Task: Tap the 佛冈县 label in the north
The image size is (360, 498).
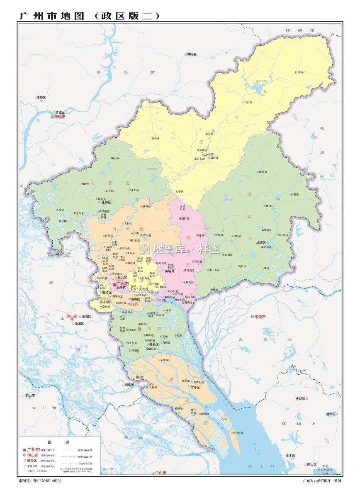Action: pyautogui.click(x=192, y=54)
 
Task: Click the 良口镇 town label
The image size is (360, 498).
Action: pyautogui.click(x=248, y=102)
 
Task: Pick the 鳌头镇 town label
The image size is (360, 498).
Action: pyautogui.click(x=155, y=138)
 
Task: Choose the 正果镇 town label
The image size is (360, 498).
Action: pyautogui.click(x=294, y=194)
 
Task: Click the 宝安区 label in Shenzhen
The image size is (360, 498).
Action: pyautogui.click(x=290, y=456)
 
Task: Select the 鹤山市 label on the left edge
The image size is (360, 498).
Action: pyautogui.click(x=30, y=395)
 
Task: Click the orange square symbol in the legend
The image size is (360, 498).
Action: pyautogui.click(x=24, y=450)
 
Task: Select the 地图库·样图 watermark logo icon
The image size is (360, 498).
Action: pyautogui.click(x=144, y=249)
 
